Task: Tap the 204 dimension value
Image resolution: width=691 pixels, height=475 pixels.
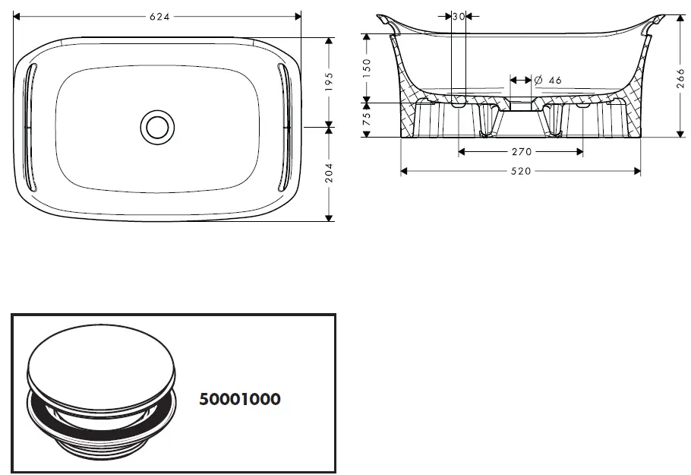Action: (329, 173)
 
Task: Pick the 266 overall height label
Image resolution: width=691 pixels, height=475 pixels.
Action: (680, 76)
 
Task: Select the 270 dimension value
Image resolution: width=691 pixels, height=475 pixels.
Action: (520, 152)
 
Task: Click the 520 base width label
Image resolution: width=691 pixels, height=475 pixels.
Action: (520, 171)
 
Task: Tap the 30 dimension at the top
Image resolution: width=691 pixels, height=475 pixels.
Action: (459, 15)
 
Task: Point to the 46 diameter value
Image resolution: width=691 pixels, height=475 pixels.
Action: (554, 81)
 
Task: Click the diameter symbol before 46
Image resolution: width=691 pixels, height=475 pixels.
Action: (538, 81)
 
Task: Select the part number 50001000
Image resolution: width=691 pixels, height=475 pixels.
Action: (239, 399)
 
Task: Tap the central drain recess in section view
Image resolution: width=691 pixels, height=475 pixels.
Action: (520, 105)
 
